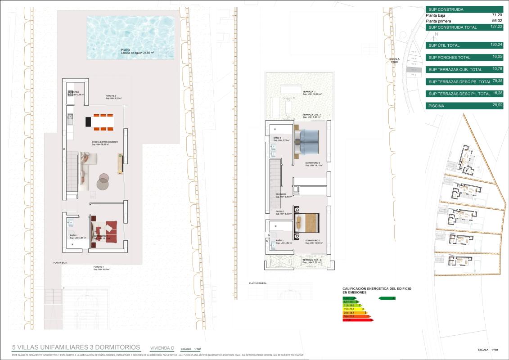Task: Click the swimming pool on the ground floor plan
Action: [130, 38]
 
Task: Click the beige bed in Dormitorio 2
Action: [308, 223]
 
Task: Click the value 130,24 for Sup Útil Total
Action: [496, 45]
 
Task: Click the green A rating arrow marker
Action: [387, 298]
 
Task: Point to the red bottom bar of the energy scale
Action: [358, 320]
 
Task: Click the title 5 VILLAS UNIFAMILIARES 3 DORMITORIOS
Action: [76, 347]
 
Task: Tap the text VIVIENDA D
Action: [162, 348]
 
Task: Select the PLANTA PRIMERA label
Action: [258, 283]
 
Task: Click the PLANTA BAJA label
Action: [60, 262]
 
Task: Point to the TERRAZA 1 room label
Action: [309, 92]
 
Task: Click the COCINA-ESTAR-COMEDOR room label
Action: [105, 142]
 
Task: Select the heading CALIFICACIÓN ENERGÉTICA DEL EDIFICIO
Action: [377, 288]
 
